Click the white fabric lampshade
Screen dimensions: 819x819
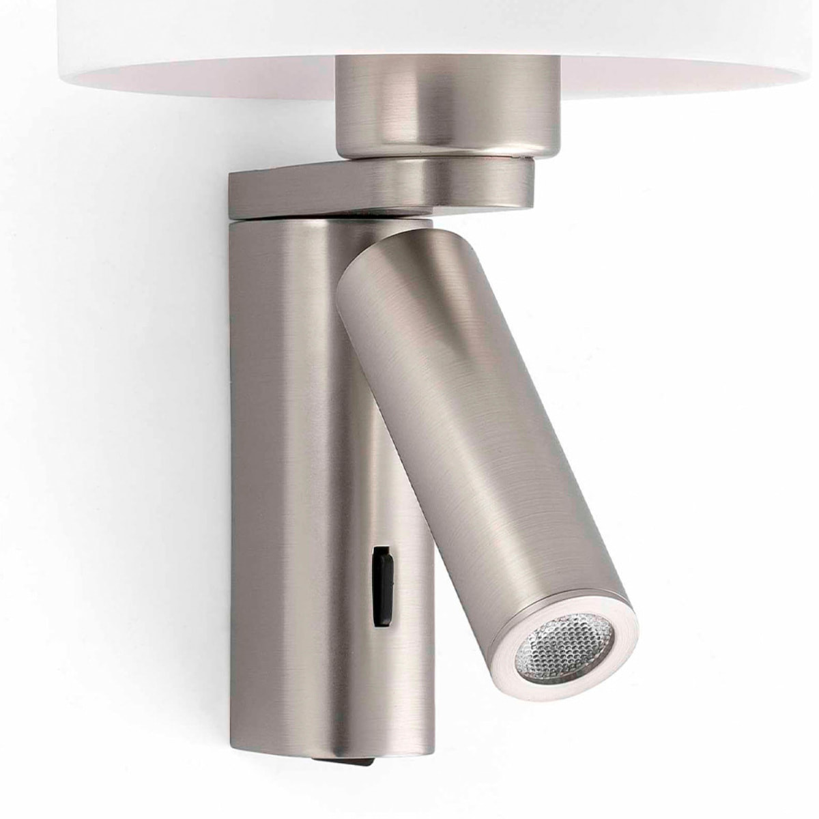205,41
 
